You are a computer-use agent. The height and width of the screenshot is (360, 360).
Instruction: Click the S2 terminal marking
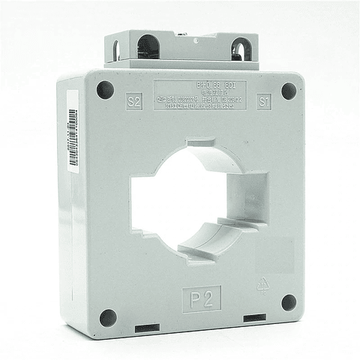134,102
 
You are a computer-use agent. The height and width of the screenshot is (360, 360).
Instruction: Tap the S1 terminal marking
264,103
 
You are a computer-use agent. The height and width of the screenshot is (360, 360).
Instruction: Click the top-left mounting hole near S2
105,89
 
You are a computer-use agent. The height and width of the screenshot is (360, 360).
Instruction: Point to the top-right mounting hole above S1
289,91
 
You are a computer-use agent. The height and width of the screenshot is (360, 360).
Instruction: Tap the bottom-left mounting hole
108,316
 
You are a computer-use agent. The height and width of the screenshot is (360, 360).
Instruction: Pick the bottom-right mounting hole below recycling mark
289,302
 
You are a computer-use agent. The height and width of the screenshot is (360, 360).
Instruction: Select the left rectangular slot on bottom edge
146,328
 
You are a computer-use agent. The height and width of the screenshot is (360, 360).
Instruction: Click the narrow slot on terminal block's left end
117,51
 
